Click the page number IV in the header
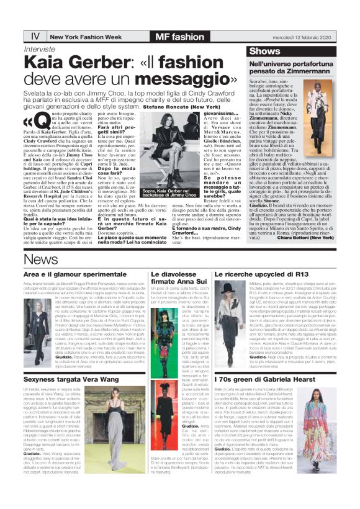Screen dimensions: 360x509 [x=35, y=36]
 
